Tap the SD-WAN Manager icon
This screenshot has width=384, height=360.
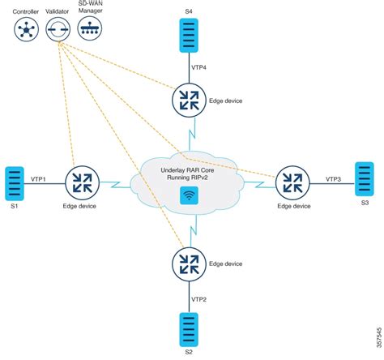89,30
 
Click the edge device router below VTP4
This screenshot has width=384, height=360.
189,100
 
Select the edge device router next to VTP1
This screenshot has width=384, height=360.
82,182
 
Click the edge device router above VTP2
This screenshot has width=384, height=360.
189,263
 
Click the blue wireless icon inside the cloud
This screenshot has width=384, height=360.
188,195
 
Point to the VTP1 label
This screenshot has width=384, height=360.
38,177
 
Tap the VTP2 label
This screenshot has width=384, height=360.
199,298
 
